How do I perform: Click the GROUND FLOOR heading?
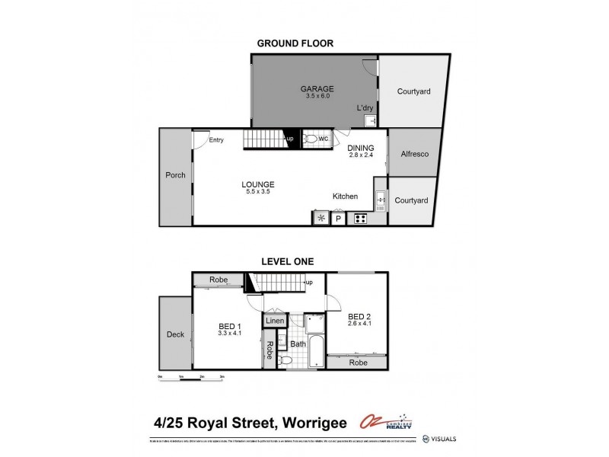(295, 43)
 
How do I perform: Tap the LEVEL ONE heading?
(288, 261)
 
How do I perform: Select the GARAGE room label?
(313, 88)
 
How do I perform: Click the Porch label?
(175, 175)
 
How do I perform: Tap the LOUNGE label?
(258, 184)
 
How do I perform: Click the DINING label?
(361, 148)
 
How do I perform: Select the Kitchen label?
(345, 197)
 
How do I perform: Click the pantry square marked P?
(339, 219)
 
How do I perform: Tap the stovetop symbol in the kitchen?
(359, 219)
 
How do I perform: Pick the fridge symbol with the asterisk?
(320, 219)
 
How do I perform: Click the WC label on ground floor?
(324, 139)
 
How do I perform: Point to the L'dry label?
(365, 108)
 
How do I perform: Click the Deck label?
(174, 334)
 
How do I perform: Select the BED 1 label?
(229, 329)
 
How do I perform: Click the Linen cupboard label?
(275, 321)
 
